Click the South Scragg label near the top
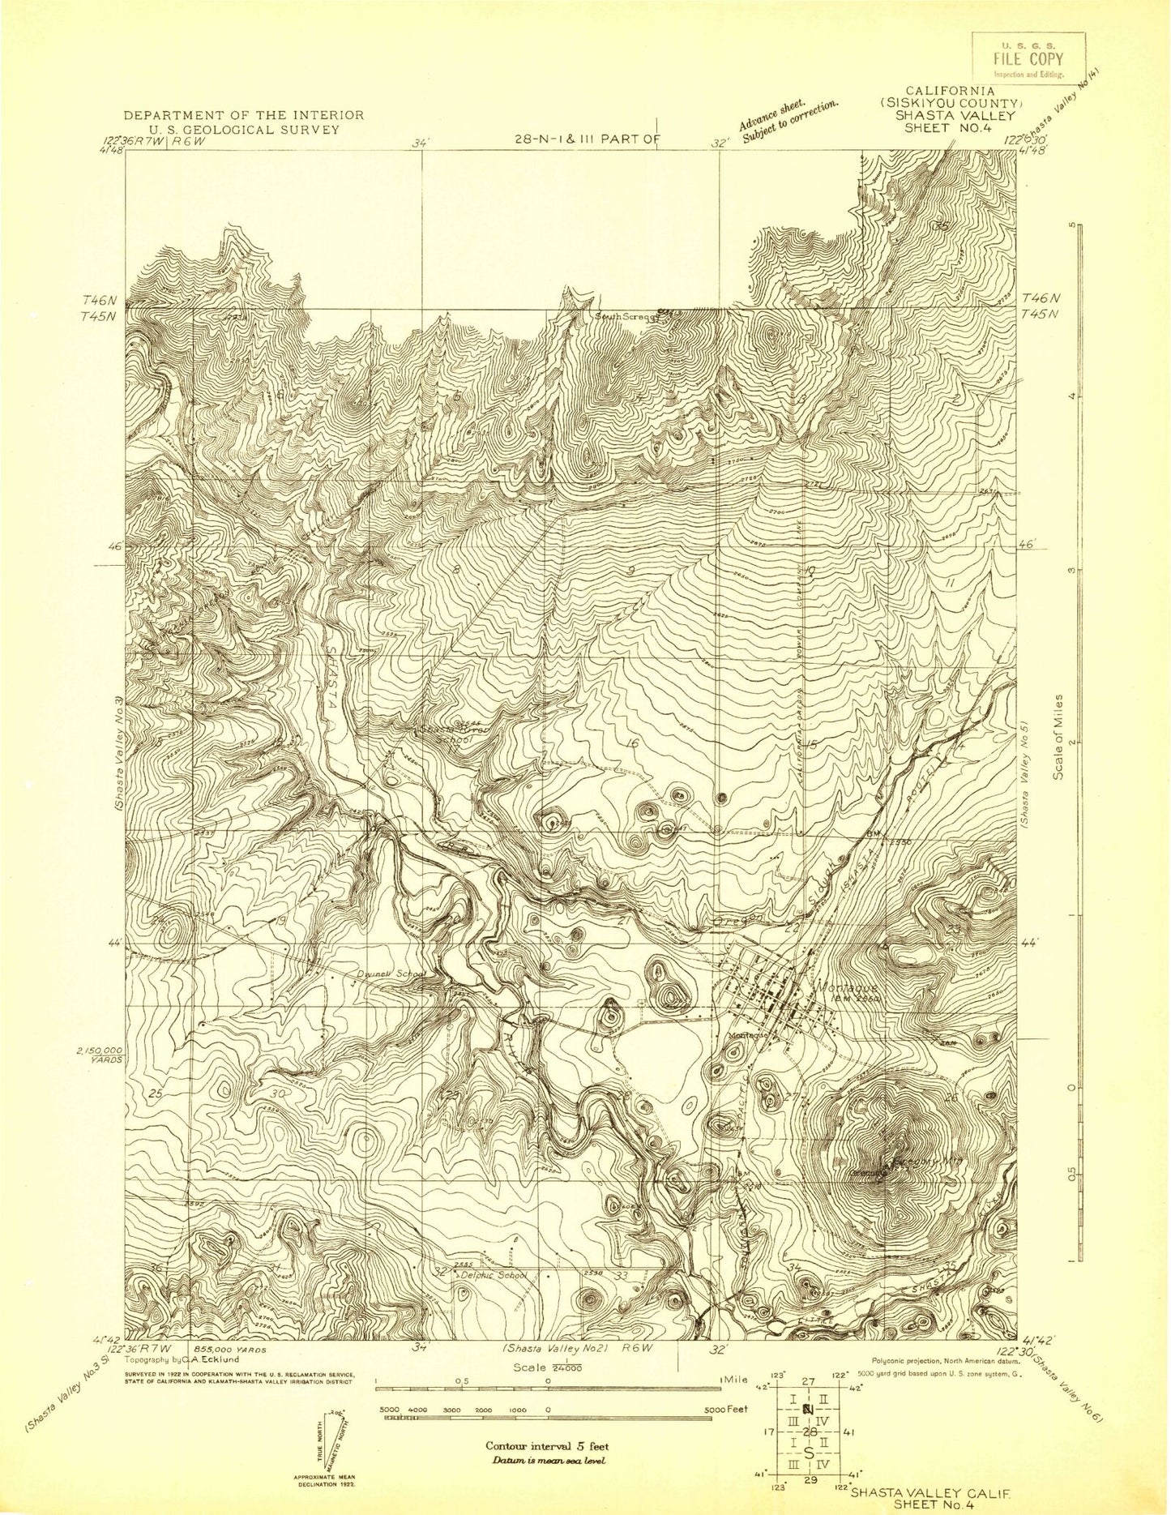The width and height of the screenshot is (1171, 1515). coord(622,315)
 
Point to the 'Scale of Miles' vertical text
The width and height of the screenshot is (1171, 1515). coord(1058,738)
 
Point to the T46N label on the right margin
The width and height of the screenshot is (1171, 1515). coord(1037,298)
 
